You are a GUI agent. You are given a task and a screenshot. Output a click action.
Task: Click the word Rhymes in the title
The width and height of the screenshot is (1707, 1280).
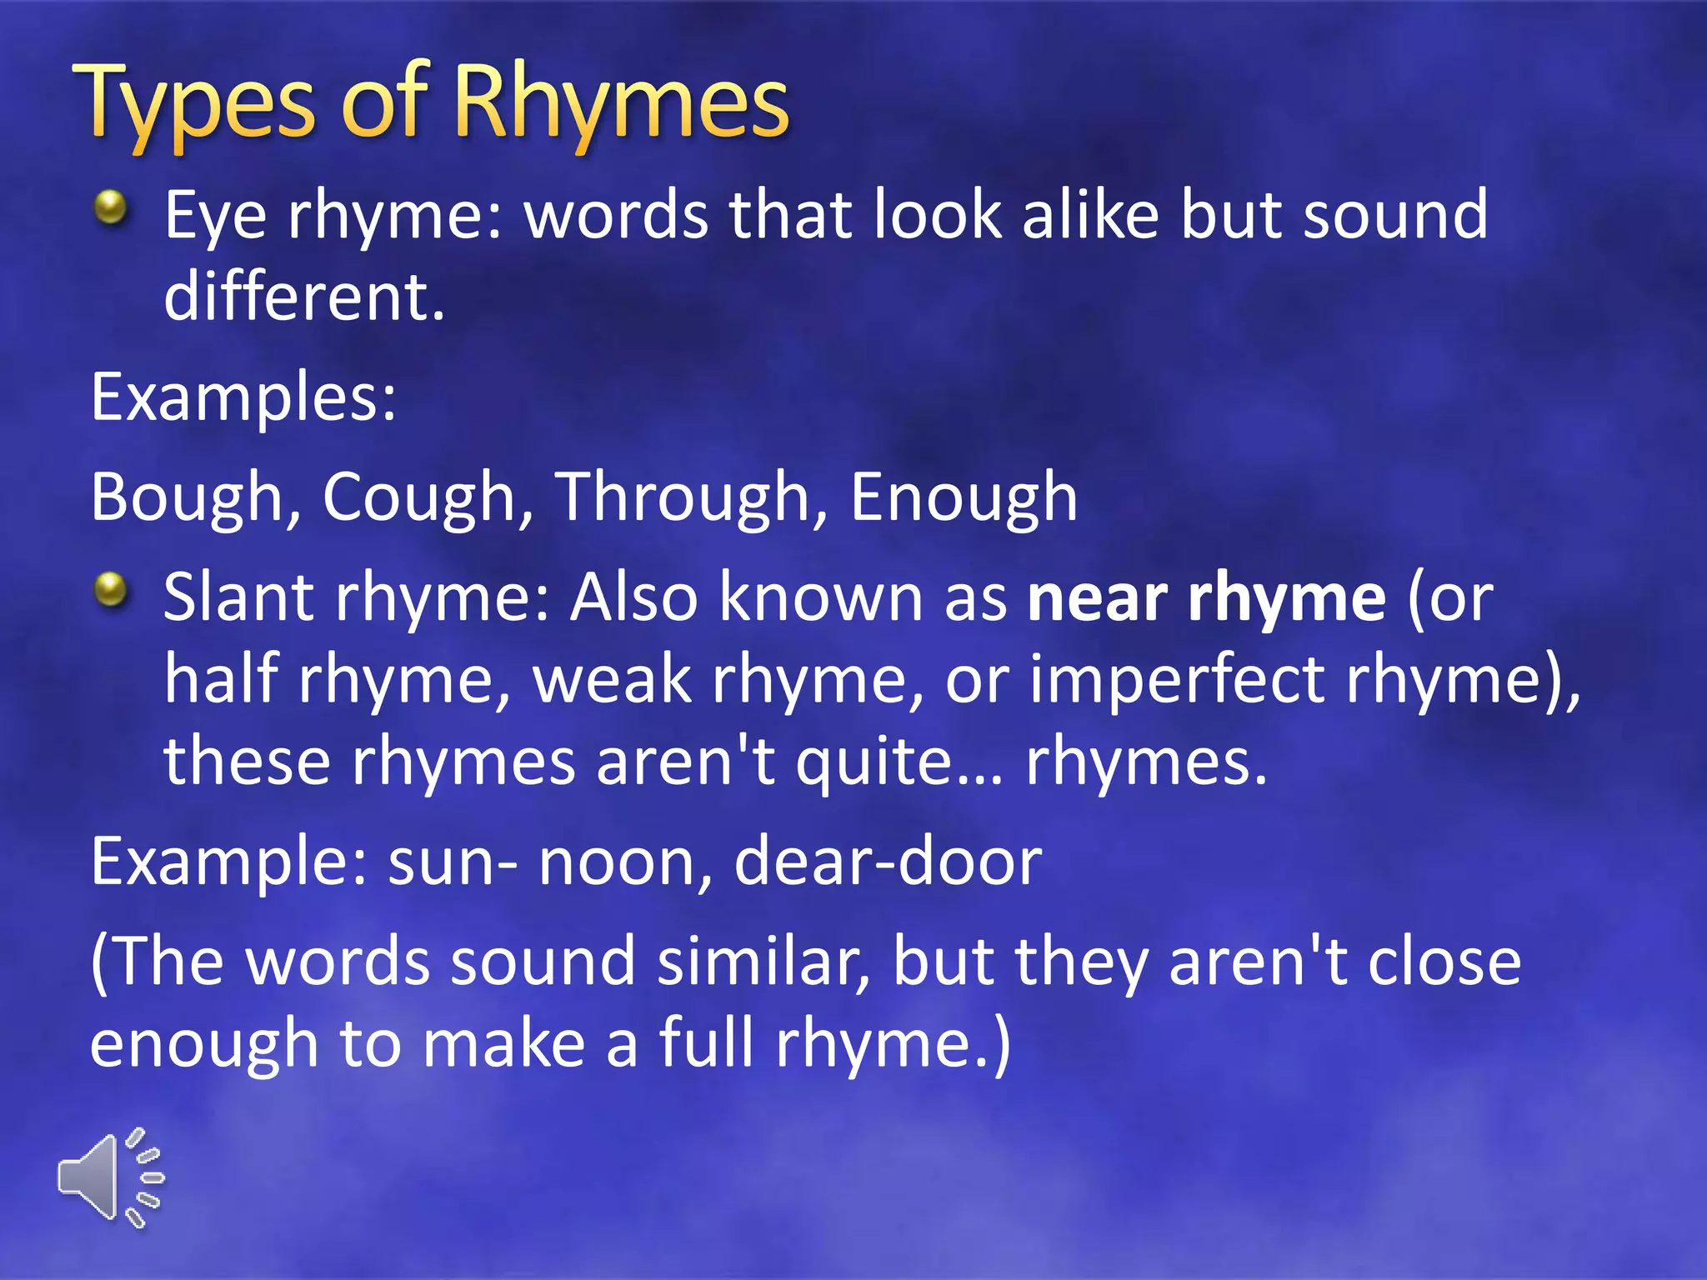pyautogui.click(x=621, y=104)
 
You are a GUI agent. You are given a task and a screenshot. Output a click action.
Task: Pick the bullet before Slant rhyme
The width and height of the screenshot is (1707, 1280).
pyautogui.click(x=111, y=591)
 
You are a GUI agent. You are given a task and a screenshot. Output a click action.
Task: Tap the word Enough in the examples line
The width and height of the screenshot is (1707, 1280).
pyautogui.click(x=964, y=497)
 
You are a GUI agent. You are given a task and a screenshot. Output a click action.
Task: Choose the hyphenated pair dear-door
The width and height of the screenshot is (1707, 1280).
pyautogui.click(x=888, y=862)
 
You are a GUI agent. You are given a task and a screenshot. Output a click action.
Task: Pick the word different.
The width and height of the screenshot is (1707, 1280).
pyautogui.click(x=304, y=297)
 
